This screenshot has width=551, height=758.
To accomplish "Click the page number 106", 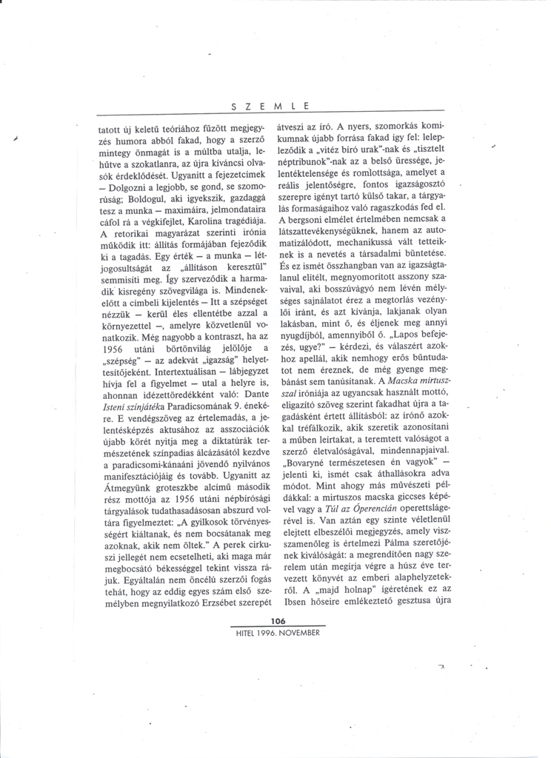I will [x=278, y=621].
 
